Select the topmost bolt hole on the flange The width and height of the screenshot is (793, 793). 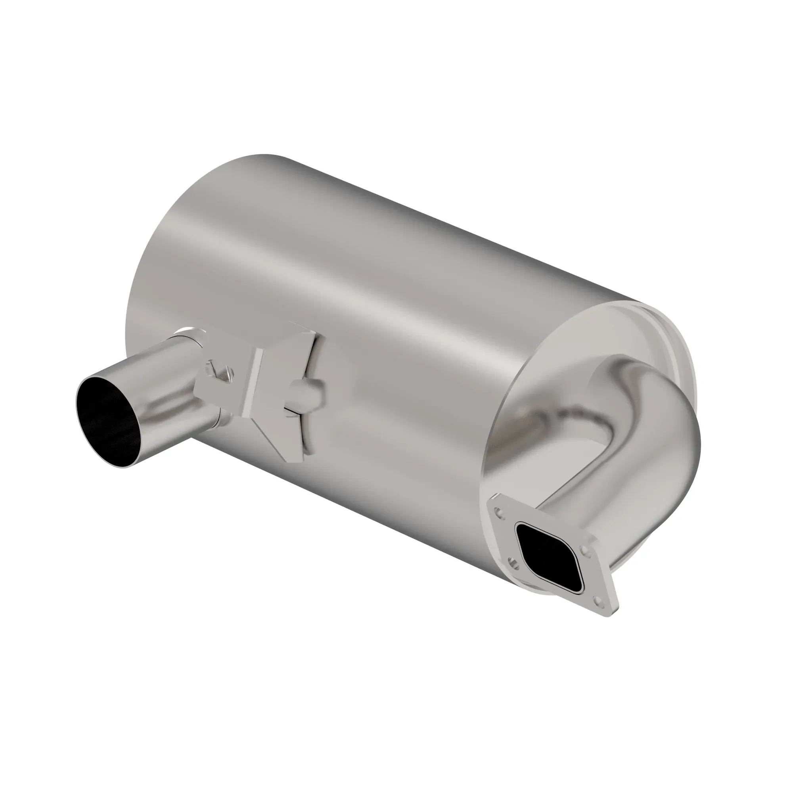click(x=498, y=513)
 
